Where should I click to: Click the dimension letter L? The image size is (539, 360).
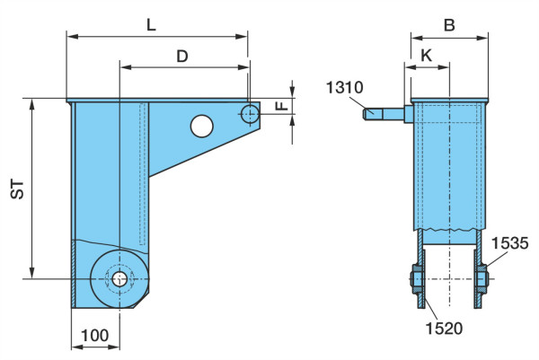[x=151, y=25]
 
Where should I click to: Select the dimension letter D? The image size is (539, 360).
[x=182, y=56]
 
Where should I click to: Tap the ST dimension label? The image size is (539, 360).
[x=17, y=189]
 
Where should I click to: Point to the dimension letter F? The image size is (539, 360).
[x=282, y=104]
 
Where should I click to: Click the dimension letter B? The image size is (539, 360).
[x=450, y=25]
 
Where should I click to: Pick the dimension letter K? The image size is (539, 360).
[x=427, y=56]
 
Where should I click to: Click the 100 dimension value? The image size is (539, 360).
[x=95, y=335]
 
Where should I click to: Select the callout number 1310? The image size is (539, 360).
[x=344, y=88]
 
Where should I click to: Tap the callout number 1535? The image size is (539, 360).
[x=509, y=243]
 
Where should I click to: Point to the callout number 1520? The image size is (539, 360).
[x=444, y=329]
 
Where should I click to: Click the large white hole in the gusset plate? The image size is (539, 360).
[x=202, y=126]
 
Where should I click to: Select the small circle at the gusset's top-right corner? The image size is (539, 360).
[x=250, y=114]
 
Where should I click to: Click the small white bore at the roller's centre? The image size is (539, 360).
[x=119, y=279]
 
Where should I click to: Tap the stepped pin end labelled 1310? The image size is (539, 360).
[x=384, y=114]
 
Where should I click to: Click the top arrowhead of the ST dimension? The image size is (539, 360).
[x=32, y=104]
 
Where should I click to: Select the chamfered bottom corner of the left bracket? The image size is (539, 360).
[x=141, y=300]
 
